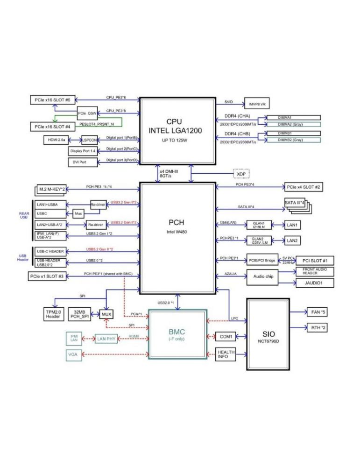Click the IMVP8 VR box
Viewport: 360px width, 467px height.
257,104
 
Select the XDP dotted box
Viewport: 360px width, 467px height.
240,173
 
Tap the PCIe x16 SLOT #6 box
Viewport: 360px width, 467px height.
52,100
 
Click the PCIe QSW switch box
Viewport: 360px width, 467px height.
87,113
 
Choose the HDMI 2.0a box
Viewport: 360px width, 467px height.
56,139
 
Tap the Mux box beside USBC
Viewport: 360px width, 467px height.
79,213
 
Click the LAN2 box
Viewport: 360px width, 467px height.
293,241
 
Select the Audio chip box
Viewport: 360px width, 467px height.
262,276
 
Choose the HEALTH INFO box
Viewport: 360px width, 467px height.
225,354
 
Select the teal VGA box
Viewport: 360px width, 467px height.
73,354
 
